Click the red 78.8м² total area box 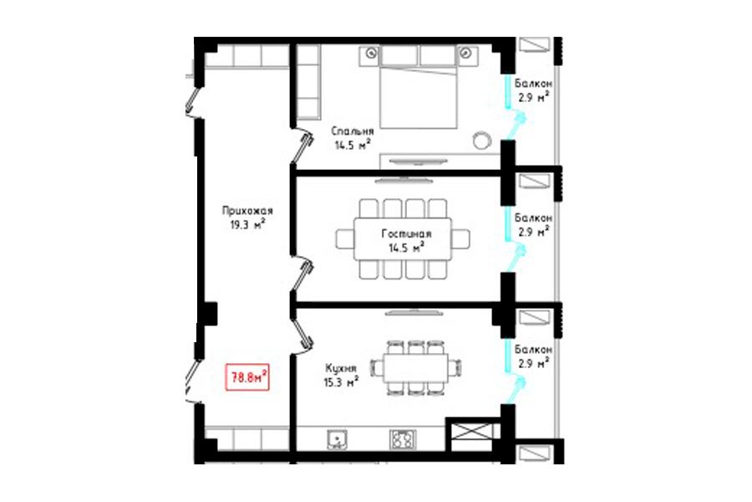coord(247,377)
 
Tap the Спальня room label coord(353,131)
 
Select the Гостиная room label coord(406,234)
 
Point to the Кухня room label coord(341,368)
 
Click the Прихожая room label coord(247,211)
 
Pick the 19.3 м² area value coord(247,224)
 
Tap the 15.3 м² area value coord(341,382)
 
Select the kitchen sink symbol coord(338,439)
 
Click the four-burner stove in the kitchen coord(403,439)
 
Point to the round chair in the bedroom coord(481,141)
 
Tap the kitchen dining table coord(416,368)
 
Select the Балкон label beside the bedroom coord(533,83)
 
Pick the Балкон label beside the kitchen coord(533,349)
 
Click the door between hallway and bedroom coord(302,144)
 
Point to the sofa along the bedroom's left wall coord(307,82)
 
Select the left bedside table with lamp coord(370,54)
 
